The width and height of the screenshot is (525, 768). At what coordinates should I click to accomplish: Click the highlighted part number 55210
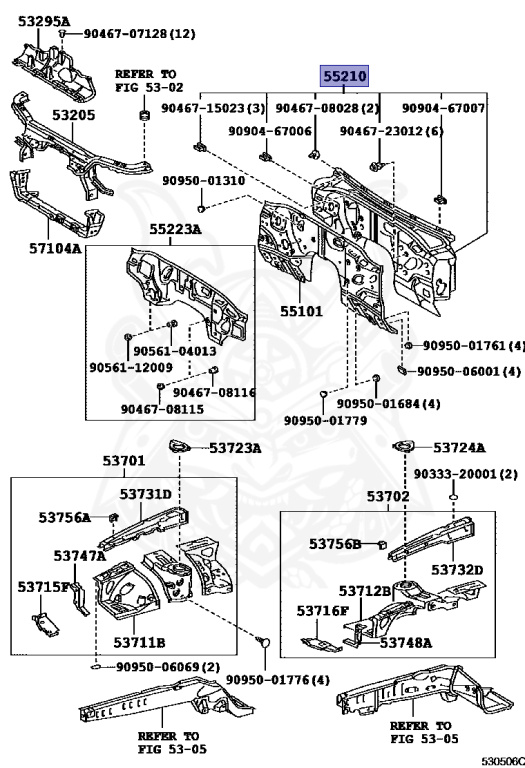[344, 76]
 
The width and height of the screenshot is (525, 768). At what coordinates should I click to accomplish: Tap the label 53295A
[44, 21]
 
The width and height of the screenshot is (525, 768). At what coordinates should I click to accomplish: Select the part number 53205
[73, 115]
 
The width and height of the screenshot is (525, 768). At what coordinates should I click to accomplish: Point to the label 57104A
[55, 248]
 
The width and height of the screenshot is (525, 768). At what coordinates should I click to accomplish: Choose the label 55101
[301, 311]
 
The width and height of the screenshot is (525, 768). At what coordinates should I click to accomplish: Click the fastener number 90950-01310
[204, 181]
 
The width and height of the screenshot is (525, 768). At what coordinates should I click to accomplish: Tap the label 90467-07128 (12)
[140, 34]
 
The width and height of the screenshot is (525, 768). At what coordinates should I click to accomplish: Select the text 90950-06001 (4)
[469, 371]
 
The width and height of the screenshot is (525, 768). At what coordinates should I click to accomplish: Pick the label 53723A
[235, 448]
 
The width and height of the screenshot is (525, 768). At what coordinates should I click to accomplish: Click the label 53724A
[459, 447]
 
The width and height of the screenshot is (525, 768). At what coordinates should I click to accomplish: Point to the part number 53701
[124, 461]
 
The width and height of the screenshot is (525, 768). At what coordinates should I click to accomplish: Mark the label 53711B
[139, 642]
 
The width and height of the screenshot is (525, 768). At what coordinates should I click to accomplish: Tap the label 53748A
[406, 643]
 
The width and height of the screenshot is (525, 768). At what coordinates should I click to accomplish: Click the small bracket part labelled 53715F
[45, 624]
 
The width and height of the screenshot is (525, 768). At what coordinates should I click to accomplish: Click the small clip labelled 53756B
[383, 544]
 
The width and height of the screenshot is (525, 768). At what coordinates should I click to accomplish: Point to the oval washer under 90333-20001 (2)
[454, 498]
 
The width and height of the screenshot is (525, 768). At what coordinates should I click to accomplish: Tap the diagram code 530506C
[502, 761]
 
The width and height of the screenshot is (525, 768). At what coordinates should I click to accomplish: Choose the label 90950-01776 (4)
[278, 680]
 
